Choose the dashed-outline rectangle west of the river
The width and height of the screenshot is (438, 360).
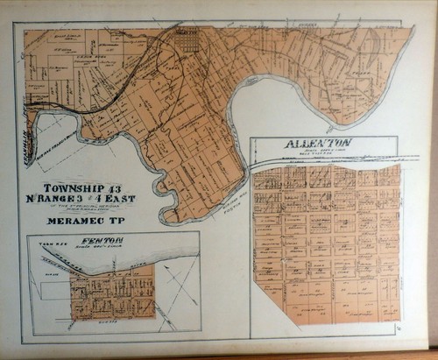point(53,140)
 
